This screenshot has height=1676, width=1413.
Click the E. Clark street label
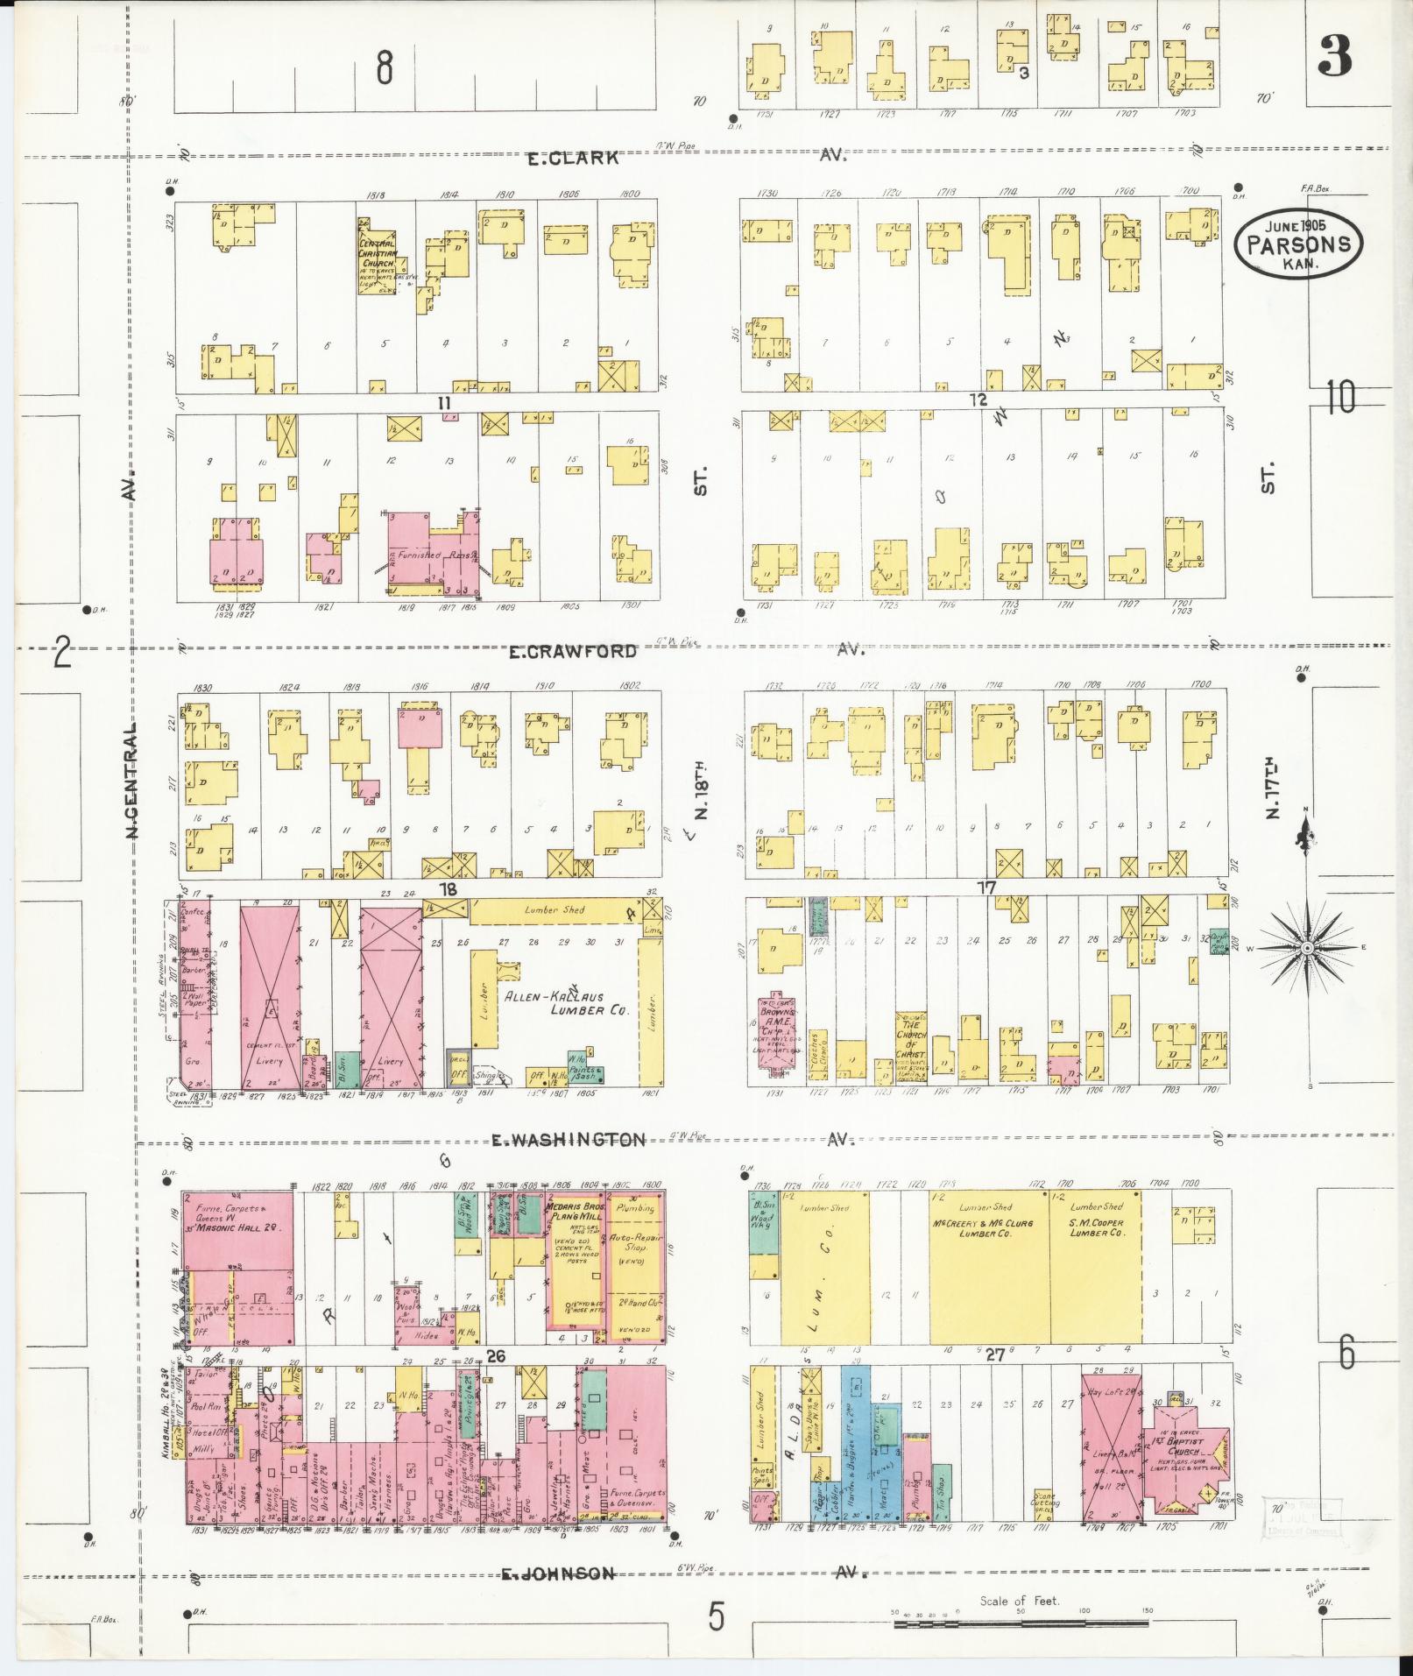[x=573, y=159]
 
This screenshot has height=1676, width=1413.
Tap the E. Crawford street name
[x=571, y=652]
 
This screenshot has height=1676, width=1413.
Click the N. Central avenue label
[x=132, y=780]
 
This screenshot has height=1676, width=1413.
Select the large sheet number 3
[x=1333, y=57]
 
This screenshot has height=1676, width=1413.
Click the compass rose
[x=1306, y=948]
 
